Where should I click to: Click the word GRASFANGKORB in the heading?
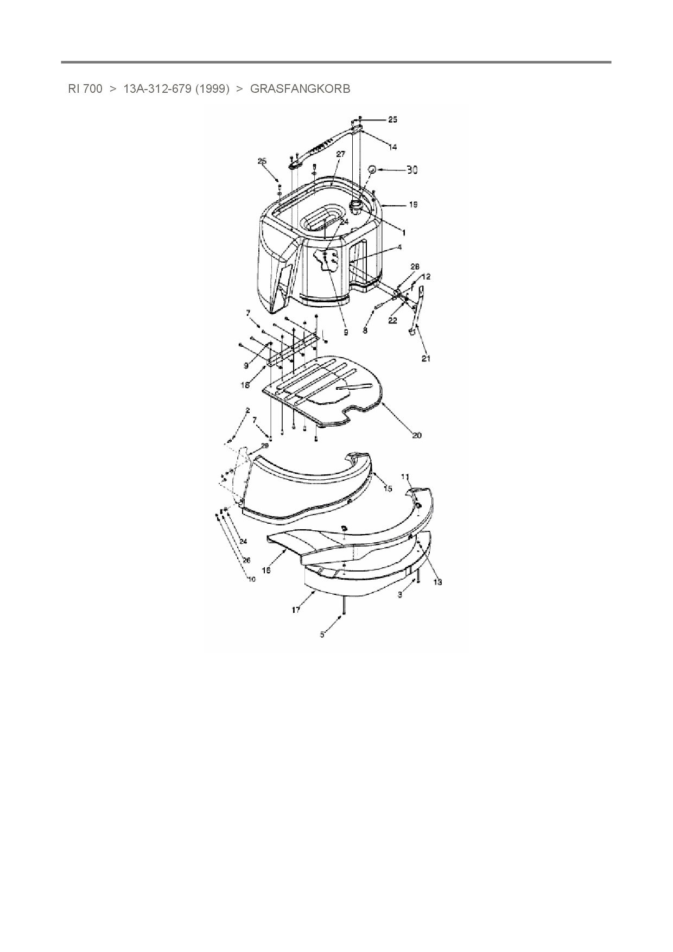coord(300,88)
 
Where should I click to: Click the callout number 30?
coord(412,170)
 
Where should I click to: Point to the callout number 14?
coord(392,147)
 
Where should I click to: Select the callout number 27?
coord(340,154)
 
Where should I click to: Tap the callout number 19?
coord(413,205)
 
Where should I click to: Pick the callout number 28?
coord(415,267)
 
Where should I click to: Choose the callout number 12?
coord(426,277)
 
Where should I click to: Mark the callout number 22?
coord(393,321)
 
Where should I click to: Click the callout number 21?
coord(426,359)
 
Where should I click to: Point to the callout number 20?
coord(417,435)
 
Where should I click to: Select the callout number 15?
coord(388,488)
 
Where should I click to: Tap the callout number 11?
coord(405,477)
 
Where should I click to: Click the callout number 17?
coord(296,610)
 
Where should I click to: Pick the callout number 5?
coord(322,634)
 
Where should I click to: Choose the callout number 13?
coord(437,582)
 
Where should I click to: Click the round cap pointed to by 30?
coord(372,169)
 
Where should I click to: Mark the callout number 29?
coord(265,446)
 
